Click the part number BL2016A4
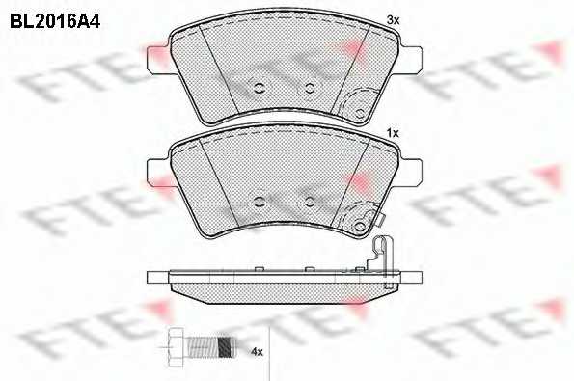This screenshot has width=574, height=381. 55,21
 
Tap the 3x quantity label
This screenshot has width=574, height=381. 394,20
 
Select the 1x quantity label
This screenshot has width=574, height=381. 393,134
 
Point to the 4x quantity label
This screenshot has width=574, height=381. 257,352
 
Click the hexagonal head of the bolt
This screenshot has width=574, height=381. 176,346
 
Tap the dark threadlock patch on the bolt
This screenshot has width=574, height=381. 225,346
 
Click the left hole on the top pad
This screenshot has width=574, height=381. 260,88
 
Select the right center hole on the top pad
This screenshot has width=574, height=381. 310,88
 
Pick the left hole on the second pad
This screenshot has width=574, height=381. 260,202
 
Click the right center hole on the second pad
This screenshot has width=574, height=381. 310,202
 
